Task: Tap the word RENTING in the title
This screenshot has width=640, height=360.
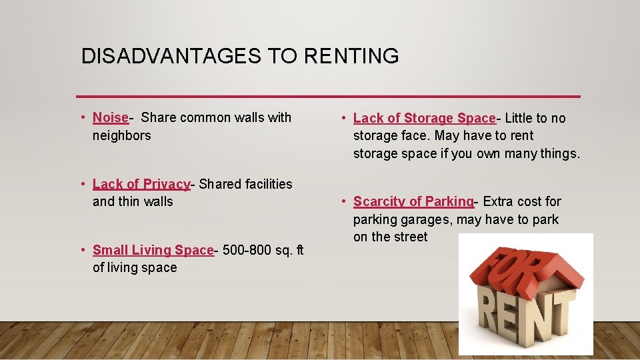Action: click(x=351, y=56)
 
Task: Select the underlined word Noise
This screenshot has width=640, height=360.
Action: click(x=111, y=117)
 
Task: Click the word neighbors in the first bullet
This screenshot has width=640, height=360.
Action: click(x=122, y=135)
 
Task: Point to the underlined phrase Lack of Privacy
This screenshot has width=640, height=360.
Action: click(x=141, y=183)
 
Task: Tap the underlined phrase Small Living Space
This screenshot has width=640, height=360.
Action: click(x=153, y=250)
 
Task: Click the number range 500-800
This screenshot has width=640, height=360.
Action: click(x=244, y=250)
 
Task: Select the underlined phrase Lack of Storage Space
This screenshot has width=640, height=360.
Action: click(x=424, y=118)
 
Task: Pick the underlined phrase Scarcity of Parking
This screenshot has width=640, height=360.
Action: click(x=413, y=201)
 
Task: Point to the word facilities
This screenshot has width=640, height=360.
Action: click(x=267, y=183)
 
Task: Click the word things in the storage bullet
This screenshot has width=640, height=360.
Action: click(x=557, y=153)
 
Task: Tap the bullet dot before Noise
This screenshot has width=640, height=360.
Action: click(x=82, y=117)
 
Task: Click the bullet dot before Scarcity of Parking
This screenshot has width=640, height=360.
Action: click(x=343, y=201)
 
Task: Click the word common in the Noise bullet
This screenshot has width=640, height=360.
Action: click(x=203, y=117)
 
